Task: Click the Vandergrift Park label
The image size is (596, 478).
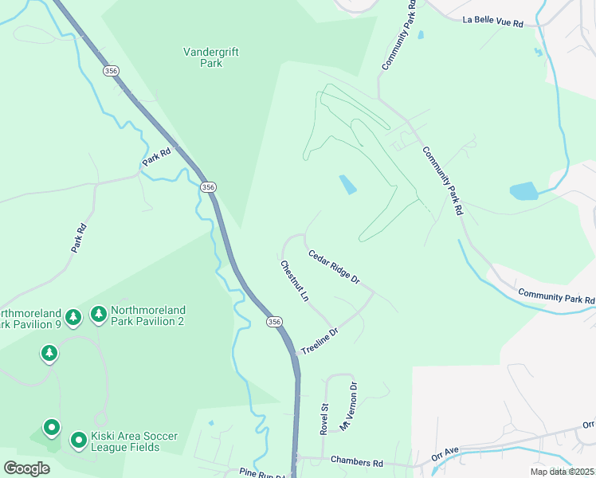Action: tap(211, 57)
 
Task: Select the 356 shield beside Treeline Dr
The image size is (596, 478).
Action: tap(274, 321)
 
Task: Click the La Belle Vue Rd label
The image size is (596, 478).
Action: tap(492, 23)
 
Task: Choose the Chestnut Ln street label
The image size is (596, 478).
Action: tap(294, 281)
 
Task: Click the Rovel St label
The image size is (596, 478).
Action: tap(324, 417)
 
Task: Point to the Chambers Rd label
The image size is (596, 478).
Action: tap(356, 462)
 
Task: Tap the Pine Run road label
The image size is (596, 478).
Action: tap(262, 473)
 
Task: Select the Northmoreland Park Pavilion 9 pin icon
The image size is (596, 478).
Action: tap(73, 318)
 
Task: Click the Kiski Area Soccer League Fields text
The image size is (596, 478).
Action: tap(135, 441)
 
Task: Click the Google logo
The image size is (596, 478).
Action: tap(26, 468)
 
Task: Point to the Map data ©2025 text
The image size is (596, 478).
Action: tap(562, 472)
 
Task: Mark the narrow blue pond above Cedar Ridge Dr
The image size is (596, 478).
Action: tap(348, 185)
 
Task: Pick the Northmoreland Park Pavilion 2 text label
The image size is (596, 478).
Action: tap(148, 315)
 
